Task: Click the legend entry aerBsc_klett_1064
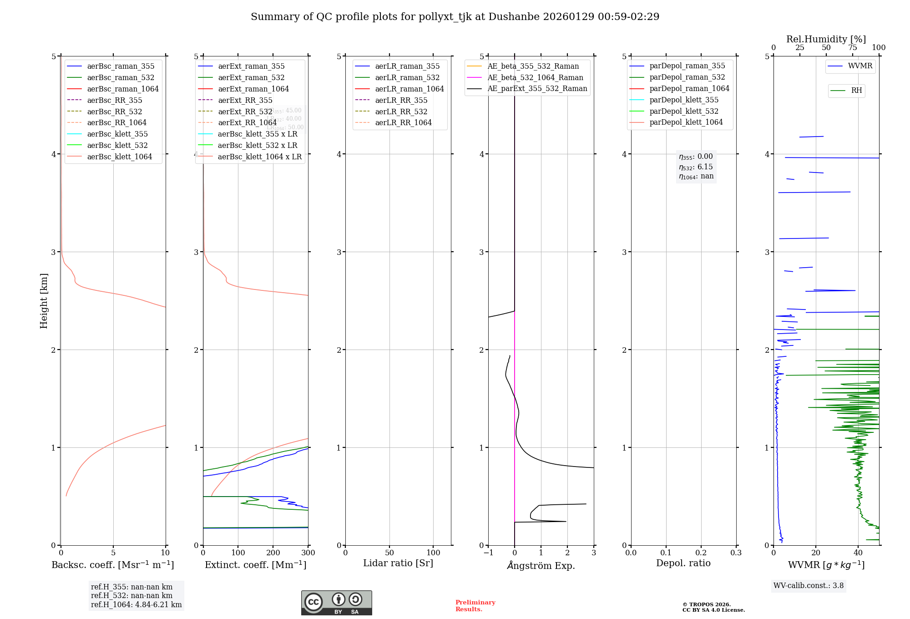(119, 157)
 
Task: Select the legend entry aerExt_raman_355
(251, 66)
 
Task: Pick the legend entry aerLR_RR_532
(401, 112)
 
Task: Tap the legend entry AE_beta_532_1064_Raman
(535, 77)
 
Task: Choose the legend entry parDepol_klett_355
(684, 100)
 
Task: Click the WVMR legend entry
(860, 66)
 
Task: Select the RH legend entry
(856, 91)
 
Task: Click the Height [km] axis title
(44, 300)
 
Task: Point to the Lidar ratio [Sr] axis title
(398, 563)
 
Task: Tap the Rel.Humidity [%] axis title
(826, 39)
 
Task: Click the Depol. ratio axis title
(683, 563)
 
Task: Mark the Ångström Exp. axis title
(541, 565)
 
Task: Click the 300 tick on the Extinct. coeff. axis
(308, 553)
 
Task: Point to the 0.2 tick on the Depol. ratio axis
(701, 553)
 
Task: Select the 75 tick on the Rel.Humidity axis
(853, 48)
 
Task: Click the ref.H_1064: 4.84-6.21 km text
(136, 604)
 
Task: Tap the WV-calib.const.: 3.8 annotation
(809, 585)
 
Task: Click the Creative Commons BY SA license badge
(336, 603)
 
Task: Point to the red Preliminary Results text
(475, 605)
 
